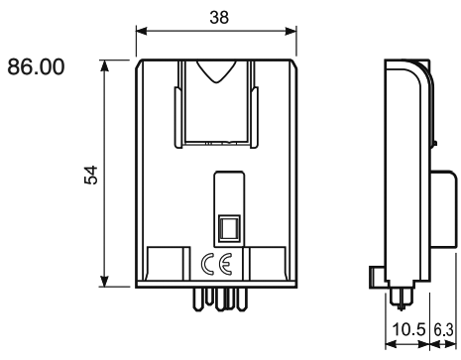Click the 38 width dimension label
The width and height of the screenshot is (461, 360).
click(x=219, y=17)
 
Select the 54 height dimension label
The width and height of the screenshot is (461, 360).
click(x=91, y=176)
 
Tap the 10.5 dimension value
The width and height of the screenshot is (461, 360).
click(x=408, y=329)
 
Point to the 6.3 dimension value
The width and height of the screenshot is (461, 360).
click(x=444, y=329)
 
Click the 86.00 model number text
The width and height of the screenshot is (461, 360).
click(x=36, y=66)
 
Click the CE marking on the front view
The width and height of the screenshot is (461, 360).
click(x=217, y=265)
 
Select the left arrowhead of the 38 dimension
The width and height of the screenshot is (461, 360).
click(x=141, y=32)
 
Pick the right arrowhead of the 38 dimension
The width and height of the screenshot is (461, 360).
click(x=290, y=32)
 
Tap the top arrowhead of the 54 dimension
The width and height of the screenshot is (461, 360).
click(x=105, y=65)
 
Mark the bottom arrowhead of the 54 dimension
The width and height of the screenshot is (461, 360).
click(x=105, y=282)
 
